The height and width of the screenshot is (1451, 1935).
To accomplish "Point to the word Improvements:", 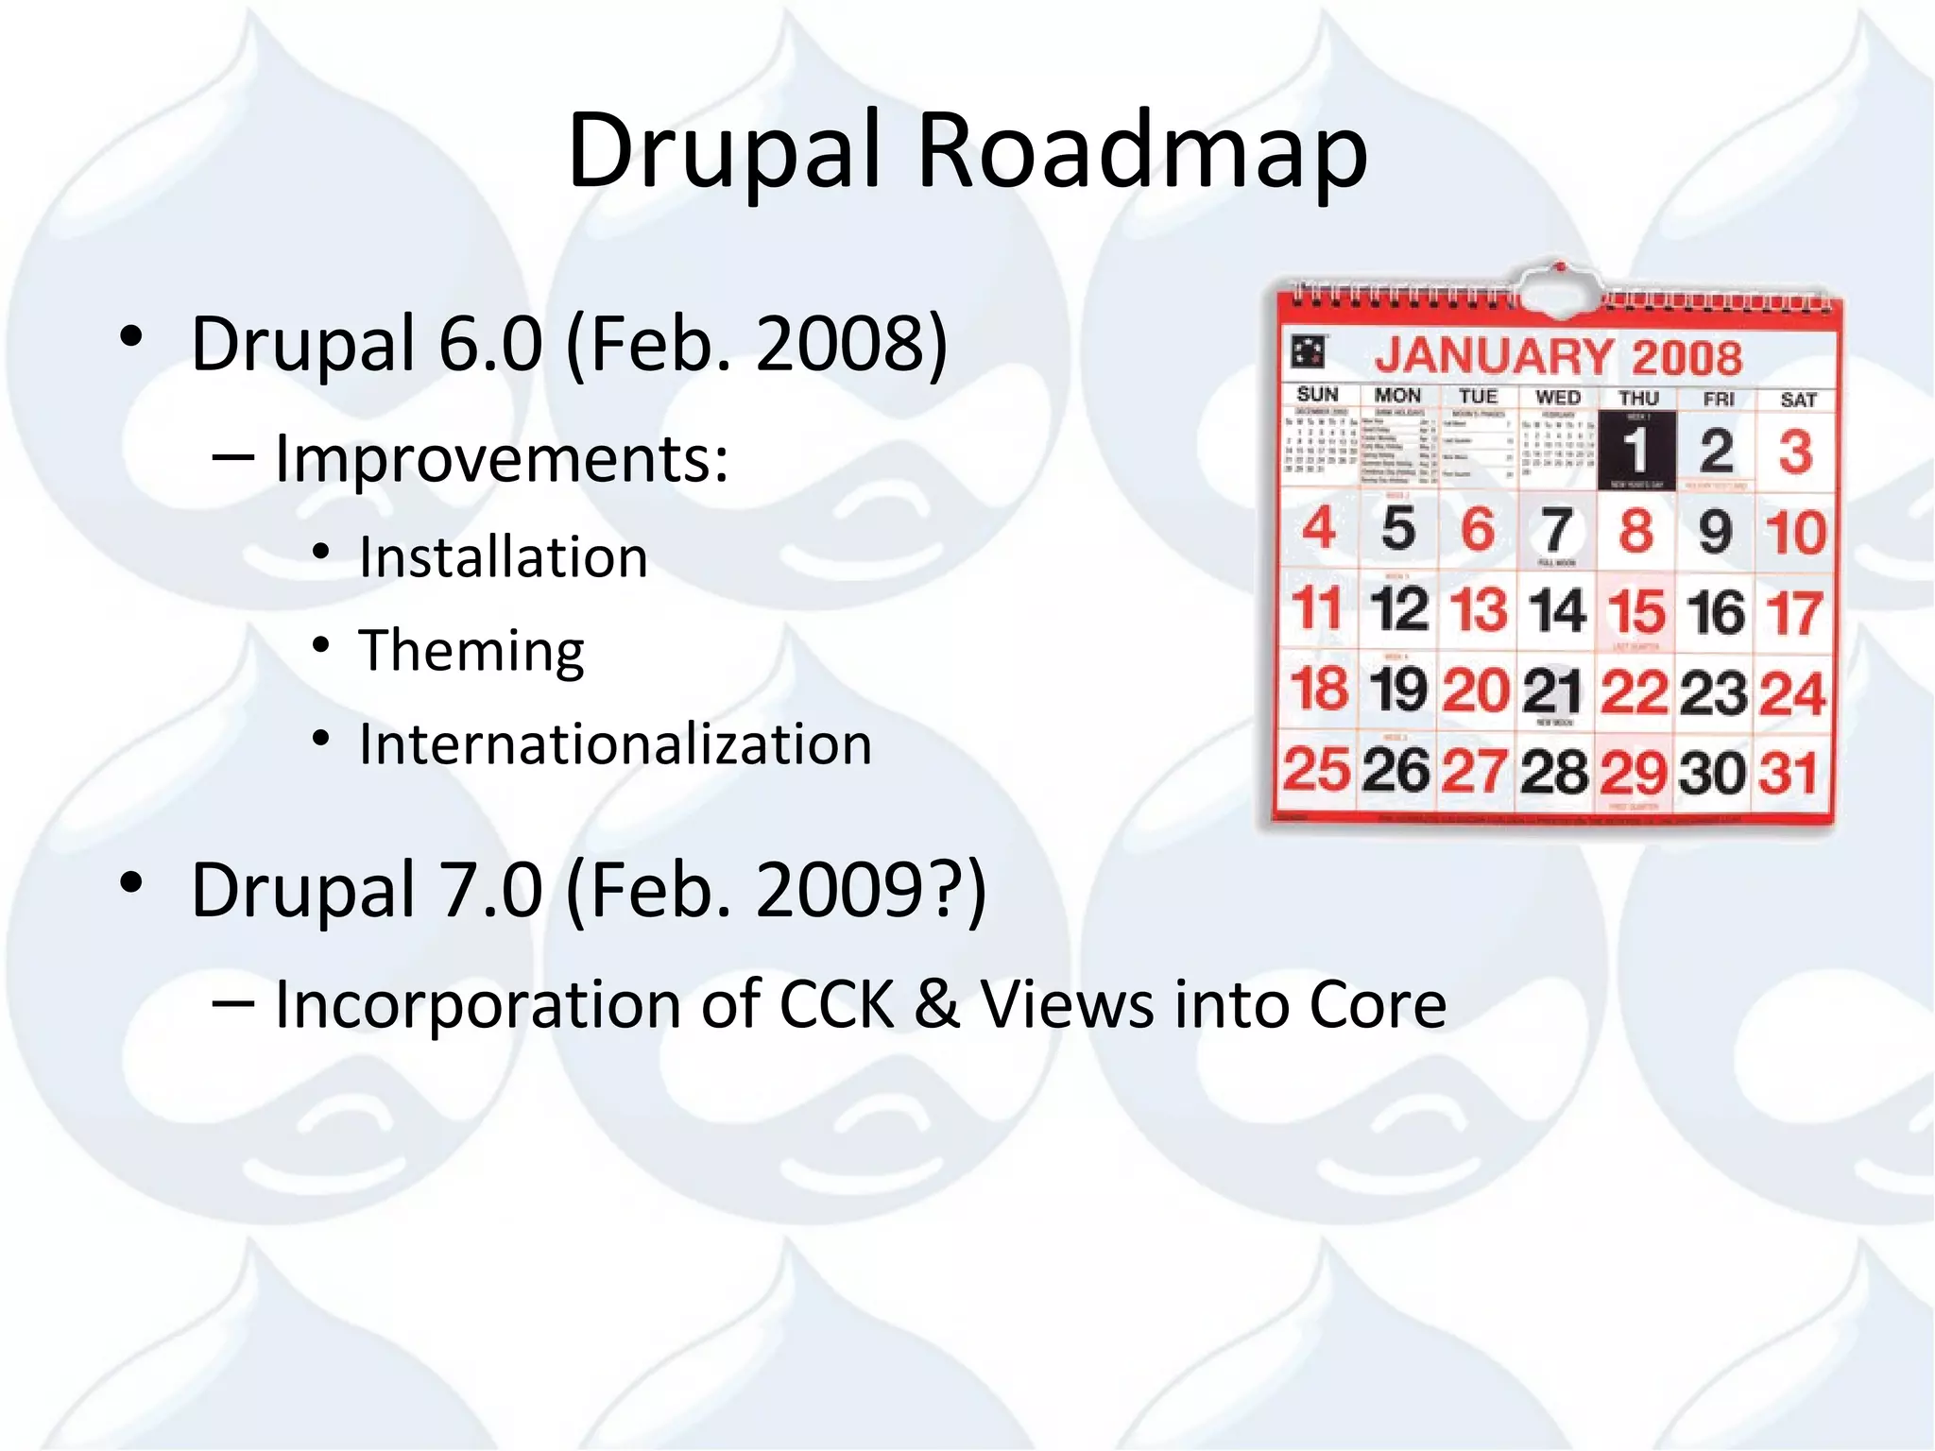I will (502, 460).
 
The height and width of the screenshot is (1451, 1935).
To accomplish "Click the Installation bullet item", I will (504, 557).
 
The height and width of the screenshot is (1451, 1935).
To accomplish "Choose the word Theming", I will (471, 651).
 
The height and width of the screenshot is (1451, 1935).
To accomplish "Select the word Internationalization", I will (615, 744).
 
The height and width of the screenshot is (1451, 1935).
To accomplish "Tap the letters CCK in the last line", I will (835, 1004).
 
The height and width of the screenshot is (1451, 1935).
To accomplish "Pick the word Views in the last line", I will (1067, 1004).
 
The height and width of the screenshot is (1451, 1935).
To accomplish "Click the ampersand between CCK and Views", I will (936, 1004).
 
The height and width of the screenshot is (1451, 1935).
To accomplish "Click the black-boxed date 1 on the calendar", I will (1636, 451).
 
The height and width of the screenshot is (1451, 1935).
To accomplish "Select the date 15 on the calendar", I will (1636, 611).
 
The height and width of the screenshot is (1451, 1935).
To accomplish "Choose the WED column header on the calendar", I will (1558, 398).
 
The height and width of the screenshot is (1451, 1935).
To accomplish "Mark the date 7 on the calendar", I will (1557, 531).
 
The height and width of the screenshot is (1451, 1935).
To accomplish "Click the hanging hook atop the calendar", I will (1560, 281).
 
